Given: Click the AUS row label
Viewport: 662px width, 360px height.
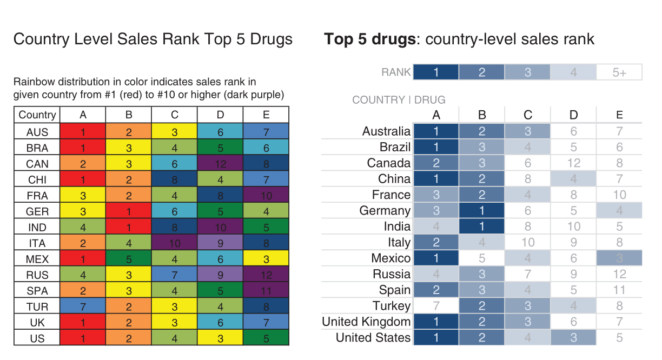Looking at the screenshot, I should pyautogui.click(x=37, y=132).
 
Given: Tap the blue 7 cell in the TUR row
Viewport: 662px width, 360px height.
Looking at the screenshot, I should pyautogui.click(x=82, y=306).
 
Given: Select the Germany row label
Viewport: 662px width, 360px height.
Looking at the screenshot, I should pyautogui.click(x=385, y=211).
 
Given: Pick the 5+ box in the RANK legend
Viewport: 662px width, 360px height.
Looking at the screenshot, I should pyautogui.click(x=619, y=72).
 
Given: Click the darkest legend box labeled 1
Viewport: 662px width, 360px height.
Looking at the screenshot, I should pyautogui.click(x=436, y=72).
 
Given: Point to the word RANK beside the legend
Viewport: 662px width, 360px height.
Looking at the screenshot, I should pyautogui.click(x=396, y=72).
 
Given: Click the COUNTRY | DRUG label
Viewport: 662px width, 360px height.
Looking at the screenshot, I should pyautogui.click(x=399, y=100).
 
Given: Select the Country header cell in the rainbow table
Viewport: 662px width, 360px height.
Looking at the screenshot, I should pyautogui.click(x=37, y=115).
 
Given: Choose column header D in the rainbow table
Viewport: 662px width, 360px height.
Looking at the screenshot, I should pyautogui.click(x=220, y=115).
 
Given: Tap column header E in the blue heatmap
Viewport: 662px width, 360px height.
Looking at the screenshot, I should pyautogui.click(x=619, y=115).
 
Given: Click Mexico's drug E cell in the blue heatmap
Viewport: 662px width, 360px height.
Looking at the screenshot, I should pyautogui.click(x=619, y=258).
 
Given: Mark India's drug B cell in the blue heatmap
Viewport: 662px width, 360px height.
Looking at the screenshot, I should pyautogui.click(x=482, y=226).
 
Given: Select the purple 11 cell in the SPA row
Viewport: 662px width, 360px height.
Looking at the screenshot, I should pyautogui.click(x=266, y=291).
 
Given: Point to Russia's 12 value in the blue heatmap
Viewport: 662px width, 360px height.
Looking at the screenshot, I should pyautogui.click(x=619, y=274).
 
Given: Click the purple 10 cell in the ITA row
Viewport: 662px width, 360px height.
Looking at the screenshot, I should pyautogui.click(x=174, y=243).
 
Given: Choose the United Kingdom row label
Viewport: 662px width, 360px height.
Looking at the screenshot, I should pyautogui.click(x=366, y=322).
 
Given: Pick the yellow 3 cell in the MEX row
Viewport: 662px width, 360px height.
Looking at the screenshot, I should pyautogui.click(x=266, y=259).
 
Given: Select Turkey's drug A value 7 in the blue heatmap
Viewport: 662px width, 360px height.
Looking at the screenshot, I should pyautogui.click(x=436, y=306).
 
